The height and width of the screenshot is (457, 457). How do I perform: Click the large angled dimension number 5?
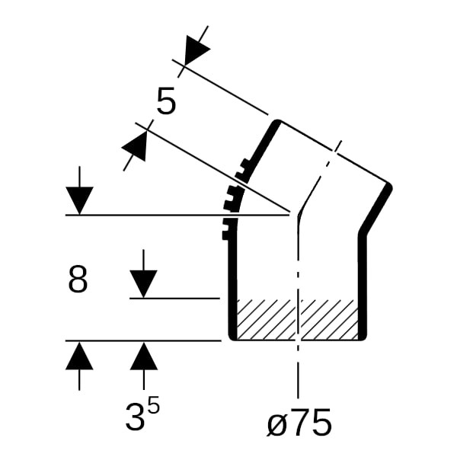[166, 101]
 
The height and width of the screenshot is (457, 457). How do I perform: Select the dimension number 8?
[78, 280]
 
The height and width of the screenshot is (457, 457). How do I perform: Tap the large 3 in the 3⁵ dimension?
[135, 417]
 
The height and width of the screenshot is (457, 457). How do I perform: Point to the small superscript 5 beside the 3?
[153, 404]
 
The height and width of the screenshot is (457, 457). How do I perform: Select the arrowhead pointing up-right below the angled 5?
[134, 145]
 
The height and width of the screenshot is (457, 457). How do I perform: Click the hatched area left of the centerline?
[266, 319]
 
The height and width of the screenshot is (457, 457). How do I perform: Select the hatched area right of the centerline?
[329, 319]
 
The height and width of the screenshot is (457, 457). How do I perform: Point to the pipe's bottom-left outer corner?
[231, 338]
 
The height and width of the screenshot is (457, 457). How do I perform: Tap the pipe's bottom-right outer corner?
[364, 338]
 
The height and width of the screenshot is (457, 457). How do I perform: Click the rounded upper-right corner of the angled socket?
[389, 187]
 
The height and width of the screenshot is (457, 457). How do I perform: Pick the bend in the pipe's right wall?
[362, 232]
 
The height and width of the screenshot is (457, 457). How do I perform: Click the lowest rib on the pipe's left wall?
[225, 235]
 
